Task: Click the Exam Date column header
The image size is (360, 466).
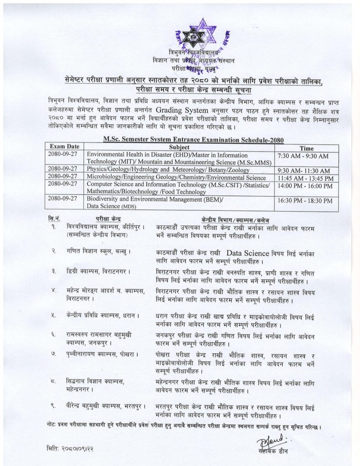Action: click(x=64, y=147)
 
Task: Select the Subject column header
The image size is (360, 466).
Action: click(x=179, y=147)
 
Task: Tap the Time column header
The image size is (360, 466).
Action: click(x=306, y=148)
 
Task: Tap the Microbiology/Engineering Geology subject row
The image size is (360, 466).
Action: click(x=176, y=177)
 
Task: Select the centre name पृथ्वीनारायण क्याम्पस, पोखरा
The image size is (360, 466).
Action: click(x=102, y=354)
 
